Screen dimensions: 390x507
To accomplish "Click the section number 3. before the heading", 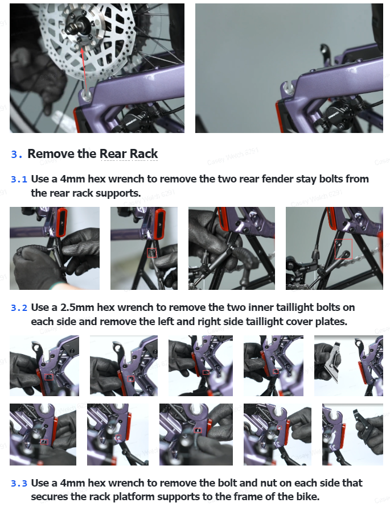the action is pos(17,154).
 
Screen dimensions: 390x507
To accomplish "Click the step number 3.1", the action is pos(19,179).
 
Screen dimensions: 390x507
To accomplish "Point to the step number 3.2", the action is pos(19,307).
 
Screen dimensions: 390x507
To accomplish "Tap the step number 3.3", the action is pos(19,483).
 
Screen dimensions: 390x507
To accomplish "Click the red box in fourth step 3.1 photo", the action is pos(343,249).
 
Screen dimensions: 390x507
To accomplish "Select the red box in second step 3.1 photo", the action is pos(152,253).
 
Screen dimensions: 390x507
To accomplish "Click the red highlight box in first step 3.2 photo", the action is pos(49,377).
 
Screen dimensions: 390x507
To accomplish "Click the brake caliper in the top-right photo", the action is pos(336,117).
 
